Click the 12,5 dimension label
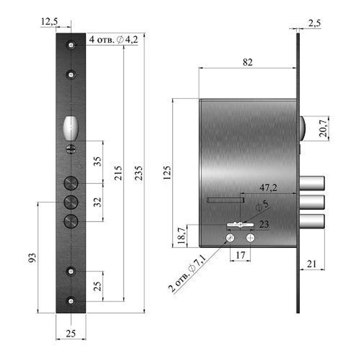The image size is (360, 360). pos(49,22)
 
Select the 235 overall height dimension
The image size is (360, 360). pos(139,173)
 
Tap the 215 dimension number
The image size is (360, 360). pos(118,173)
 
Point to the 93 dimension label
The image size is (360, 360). pos(32,258)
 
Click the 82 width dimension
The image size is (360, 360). pos(248,62)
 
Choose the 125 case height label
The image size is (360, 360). pos(167,173)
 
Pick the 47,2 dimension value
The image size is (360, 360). pos(268,188)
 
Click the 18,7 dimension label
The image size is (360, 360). pos(181,235)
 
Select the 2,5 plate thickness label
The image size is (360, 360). pos(314,23)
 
